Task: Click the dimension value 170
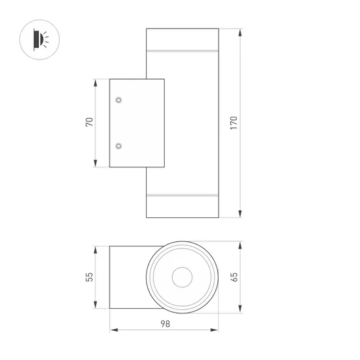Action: tap(234, 123)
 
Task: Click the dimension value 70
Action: tap(90, 123)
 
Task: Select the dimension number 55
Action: tap(90, 277)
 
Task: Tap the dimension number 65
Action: tap(234, 277)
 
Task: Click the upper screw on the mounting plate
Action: tap(119, 101)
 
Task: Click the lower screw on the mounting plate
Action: tap(119, 146)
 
